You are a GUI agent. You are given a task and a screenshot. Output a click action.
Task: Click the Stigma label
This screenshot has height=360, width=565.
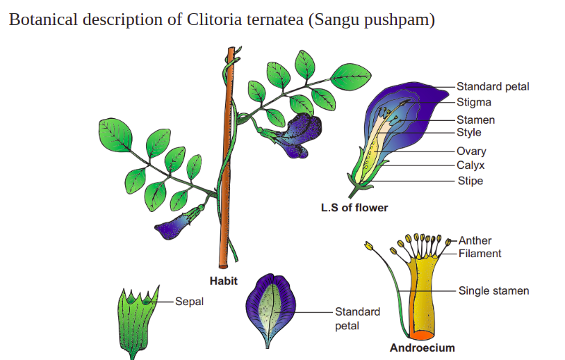[474, 102]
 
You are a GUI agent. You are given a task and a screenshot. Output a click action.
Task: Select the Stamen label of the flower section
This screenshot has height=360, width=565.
[475, 120]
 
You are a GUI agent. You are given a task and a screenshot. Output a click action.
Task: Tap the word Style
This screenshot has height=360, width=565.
[469, 132]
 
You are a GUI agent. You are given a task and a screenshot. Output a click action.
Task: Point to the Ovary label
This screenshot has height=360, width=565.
[471, 151]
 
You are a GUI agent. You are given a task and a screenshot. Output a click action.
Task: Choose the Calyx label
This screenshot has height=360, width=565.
[470, 165]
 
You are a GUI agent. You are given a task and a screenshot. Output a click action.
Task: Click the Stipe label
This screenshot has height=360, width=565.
[470, 181]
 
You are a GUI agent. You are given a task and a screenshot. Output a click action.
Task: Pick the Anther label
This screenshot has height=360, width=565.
[475, 240]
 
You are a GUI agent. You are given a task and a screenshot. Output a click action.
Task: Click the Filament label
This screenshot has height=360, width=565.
[480, 254]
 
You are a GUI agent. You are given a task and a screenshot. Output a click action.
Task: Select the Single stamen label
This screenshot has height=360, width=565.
[493, 291]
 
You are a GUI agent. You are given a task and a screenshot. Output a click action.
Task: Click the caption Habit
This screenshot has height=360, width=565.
[223, 281]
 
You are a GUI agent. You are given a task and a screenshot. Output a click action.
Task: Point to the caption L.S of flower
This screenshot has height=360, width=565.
[354, 208]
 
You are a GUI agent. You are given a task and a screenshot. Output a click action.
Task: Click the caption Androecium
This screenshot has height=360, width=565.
[422, 347]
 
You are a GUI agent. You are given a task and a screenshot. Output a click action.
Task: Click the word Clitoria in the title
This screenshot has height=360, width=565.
[214, 19]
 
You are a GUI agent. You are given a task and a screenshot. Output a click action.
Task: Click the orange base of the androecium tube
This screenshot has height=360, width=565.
[421, 335]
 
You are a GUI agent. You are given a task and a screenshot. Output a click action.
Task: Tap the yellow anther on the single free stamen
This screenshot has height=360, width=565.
[368, 246]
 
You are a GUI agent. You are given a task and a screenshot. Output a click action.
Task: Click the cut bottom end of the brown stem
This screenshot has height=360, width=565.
[223, 266]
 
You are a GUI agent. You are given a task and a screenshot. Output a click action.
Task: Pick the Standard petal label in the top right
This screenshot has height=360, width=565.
[493, 86]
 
